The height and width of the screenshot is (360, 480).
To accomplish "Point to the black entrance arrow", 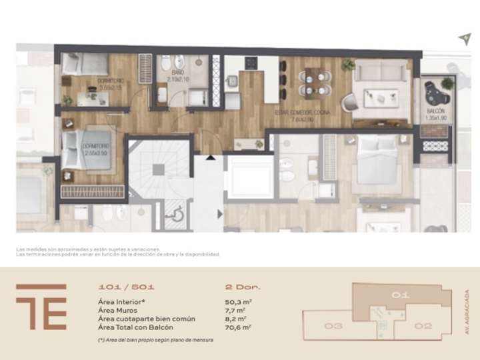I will pyautogui.click(x=211, y=158).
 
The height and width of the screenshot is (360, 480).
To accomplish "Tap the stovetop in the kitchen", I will pyautogui.click(x=253, y=64).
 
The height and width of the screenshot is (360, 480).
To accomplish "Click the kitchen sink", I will pyautogui.click(x=233, y=81).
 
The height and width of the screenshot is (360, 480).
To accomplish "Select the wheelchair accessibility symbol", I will pyautogui.click(x=176, y=213).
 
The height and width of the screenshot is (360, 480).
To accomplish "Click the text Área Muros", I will pyautogui.click(x=119, y=310).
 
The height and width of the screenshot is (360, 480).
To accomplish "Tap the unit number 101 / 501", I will pyautogui.click(x=126, y=287).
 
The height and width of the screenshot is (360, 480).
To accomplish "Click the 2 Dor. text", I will pyautogui.click(x=243, y=287).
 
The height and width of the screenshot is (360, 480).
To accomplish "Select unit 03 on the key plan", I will pyautogui.click(x=333, y=326).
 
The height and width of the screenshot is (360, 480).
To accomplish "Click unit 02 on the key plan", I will pyautogui.click(x=423, y=326).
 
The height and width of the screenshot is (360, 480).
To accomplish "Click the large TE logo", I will pyautogui.click(x=41, y=307).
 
